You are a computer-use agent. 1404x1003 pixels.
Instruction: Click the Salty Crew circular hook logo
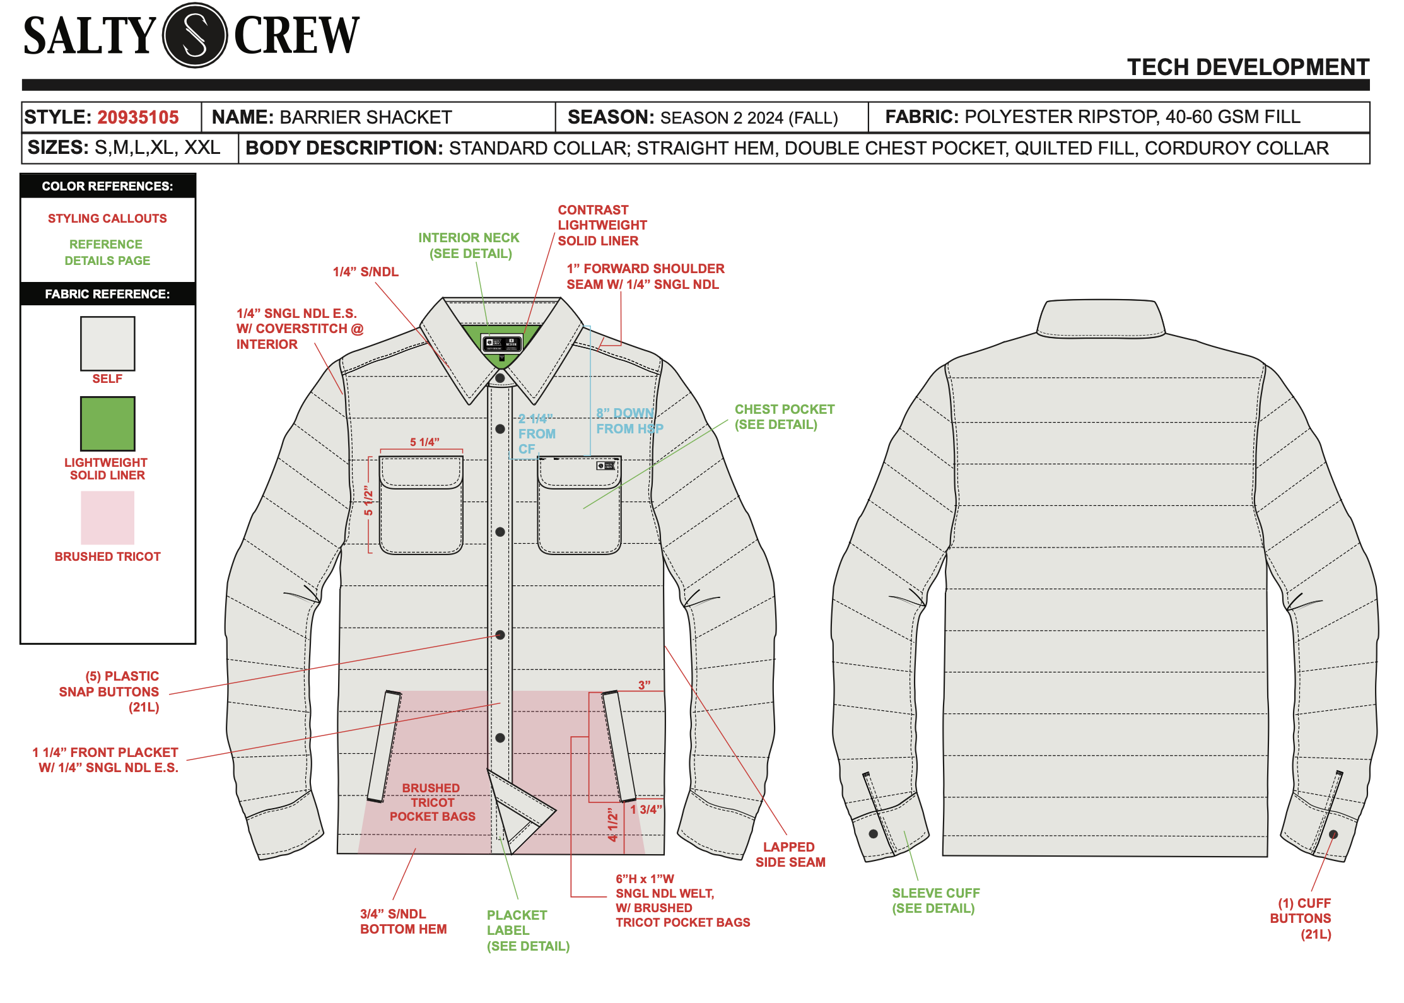click(195, 35)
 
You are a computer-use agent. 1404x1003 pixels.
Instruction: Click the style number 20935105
click(138, 117)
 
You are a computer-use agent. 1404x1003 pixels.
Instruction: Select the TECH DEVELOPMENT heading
click(1248, 67)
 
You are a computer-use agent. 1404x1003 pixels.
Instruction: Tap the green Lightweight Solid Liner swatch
click(108, 423)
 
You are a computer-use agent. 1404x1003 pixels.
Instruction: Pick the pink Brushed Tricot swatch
click(108, 518)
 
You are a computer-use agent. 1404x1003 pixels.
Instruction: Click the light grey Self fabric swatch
click(108, 344)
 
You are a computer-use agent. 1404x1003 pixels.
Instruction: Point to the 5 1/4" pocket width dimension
click(424, 442)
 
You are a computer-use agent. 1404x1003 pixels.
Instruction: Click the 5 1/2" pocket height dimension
click(368, 503)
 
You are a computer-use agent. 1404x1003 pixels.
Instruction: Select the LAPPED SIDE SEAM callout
click(790, 855)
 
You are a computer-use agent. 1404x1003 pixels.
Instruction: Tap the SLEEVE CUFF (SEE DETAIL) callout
click(935, 901)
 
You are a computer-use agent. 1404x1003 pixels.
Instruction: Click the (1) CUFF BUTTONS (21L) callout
click(1301, 918)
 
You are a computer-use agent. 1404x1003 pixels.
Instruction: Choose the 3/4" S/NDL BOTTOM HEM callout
click(403, 922)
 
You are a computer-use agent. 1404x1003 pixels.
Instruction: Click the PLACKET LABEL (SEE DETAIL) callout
click(527, 930)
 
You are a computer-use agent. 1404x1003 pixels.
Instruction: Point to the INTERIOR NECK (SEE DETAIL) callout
click(469, 245)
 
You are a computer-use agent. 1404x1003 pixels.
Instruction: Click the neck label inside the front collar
click(502, 344)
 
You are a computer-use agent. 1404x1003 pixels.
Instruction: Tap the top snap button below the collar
click(500, 378)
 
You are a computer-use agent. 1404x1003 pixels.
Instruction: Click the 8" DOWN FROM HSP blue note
click(629, 421)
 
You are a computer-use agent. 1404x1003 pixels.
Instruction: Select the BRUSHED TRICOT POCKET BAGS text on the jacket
click(432, 802)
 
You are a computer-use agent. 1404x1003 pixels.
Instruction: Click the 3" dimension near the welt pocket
click(644, 685)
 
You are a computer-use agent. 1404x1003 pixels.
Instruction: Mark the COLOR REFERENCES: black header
click(108, 186)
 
